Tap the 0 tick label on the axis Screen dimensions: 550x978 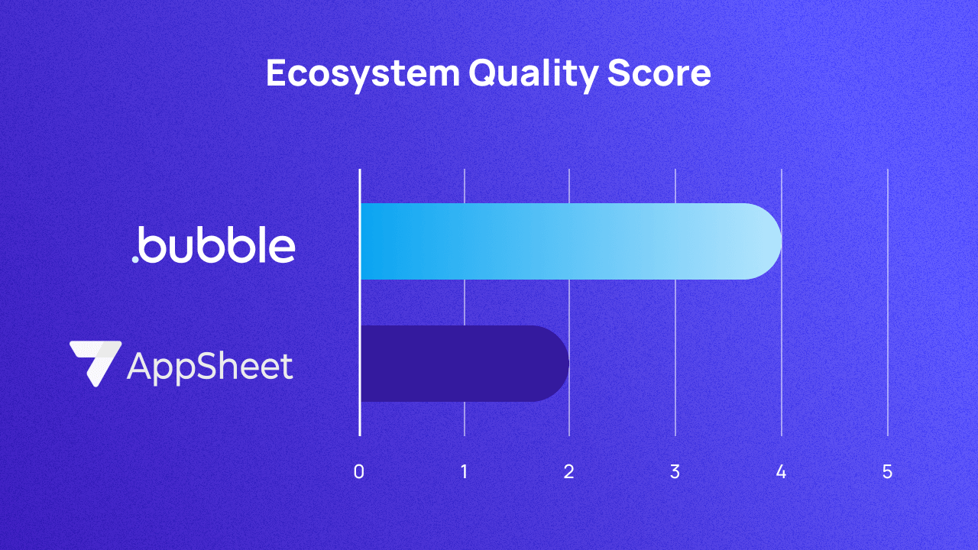click(359, 472)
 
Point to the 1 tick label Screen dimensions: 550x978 click(465, 472)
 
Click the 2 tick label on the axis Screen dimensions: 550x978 click(569, 472)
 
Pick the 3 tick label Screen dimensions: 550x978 click(675, 472)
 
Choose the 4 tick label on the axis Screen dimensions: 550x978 click(781, 472)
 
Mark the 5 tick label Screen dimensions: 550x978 click(887, 472)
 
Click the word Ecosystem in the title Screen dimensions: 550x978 click(362, 74)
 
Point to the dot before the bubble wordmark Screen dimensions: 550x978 click(135, 259)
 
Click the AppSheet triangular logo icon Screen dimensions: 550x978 click(95, 362)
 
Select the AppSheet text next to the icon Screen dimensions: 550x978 click(209, 367)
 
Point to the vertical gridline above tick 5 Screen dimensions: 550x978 click(887, 306)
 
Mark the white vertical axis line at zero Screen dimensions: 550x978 click(360, 306)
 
